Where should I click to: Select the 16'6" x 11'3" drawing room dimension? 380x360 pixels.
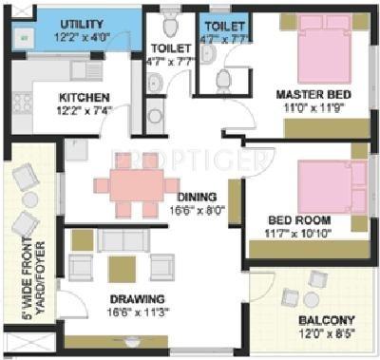(x=119, y=310)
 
